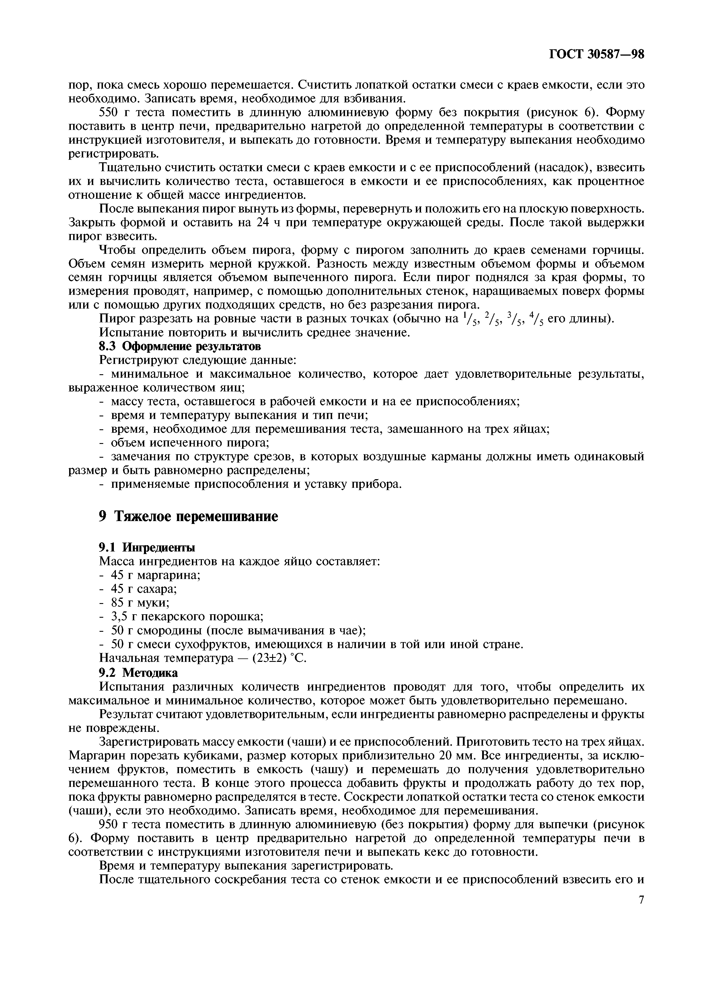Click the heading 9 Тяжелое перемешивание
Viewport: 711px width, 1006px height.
click(x=188, y=516)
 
